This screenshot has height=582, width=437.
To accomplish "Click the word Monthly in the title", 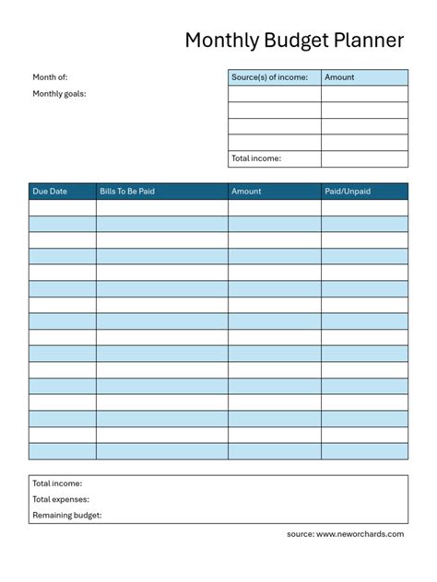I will click(x=221, y=41).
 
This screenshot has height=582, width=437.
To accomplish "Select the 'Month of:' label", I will click(x=50, y=77).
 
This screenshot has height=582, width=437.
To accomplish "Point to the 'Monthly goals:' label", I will click(x=59, y=93).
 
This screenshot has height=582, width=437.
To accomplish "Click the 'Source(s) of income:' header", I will click(x=269, y=77).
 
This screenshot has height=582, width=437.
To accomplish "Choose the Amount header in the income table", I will click(x=339, y=77).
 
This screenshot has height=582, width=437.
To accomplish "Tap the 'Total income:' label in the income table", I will click(x=256, y=158).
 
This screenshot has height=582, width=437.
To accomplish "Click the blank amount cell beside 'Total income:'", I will click(x=364, y=158).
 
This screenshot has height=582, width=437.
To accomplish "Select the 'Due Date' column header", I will click(x=50, y=192).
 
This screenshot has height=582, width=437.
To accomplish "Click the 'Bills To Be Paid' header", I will click(x=126, y=192).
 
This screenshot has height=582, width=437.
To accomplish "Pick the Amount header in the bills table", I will click(x=246, y=192).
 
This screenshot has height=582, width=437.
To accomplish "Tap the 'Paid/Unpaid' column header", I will click(x=348, y=192).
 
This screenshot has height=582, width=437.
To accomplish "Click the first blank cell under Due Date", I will click(x=62, y=208).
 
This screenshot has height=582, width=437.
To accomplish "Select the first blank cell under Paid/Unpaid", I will click(x=364, y=208).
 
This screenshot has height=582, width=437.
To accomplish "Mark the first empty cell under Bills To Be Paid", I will click(x=161, y=208).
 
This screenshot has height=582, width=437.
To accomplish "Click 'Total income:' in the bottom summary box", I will click(x=57, y=483).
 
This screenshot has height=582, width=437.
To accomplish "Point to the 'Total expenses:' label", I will click(x=61, y=499).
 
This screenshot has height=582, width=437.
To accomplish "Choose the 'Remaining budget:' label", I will click(x=67, y=516).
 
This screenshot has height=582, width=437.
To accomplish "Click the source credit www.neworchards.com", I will click(x=360, y=534).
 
